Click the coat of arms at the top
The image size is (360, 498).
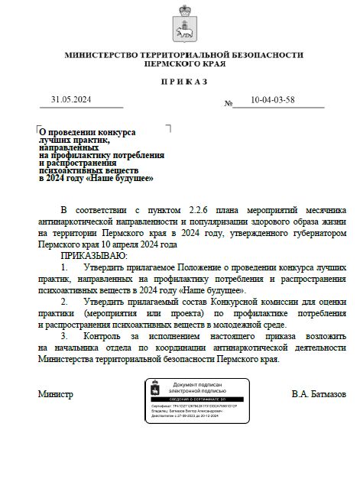click(x=183, y=22)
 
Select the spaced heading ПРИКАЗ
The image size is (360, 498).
click(x=183, y=81)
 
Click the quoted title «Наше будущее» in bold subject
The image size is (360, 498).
click(x=122, y=178)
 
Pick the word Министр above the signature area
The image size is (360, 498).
click(x=56, y=394)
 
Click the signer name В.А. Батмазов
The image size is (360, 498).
click(x=318, y=394)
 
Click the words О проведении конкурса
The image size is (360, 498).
click(x=88, y=131)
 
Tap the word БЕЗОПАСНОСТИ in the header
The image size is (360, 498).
click(x=266, y=55)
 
